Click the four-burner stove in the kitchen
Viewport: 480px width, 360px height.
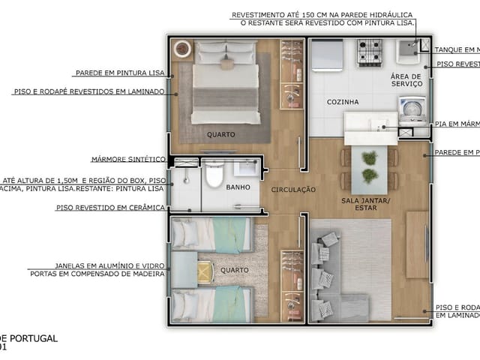click(370, 53)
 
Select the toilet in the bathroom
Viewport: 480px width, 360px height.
click(214, 175)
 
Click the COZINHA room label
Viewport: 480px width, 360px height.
click(342, 101)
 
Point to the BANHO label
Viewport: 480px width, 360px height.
click(238, 187)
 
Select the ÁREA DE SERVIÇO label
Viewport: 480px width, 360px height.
click(406, 80)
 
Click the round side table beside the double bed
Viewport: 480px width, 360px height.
click(182, 49)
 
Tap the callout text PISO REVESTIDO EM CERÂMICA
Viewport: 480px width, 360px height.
click(110, 207)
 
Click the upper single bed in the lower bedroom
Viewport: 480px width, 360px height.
click(210, 233)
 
